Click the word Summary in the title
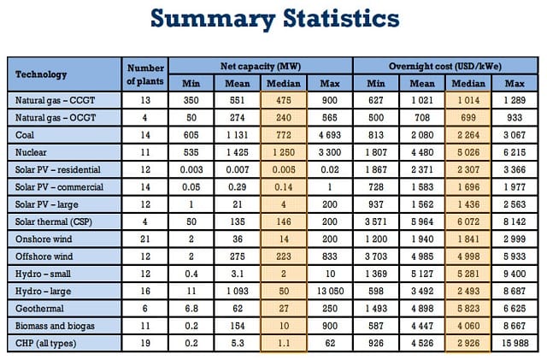point(213,19)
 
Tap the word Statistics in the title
point(341,18)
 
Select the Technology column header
point(41,74)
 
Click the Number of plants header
point(145,74)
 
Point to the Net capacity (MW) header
point(260,66)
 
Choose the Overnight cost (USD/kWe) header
point(445,66)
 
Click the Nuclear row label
point(31,152)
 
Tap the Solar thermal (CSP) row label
point(53,221)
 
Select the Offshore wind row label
point(44,257)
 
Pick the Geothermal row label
point(39,309)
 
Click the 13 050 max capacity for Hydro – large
point(330,291)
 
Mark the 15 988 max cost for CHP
point(515,343)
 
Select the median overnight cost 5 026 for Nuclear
point(468,152)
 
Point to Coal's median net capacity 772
point(284,135)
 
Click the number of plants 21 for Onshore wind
point(145,239)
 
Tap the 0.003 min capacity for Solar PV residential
point(191,169)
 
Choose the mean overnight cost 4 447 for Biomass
point(422,326)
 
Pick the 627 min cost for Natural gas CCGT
point(376,100)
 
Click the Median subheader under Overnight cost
point(468,84)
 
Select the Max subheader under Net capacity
point(330,84)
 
